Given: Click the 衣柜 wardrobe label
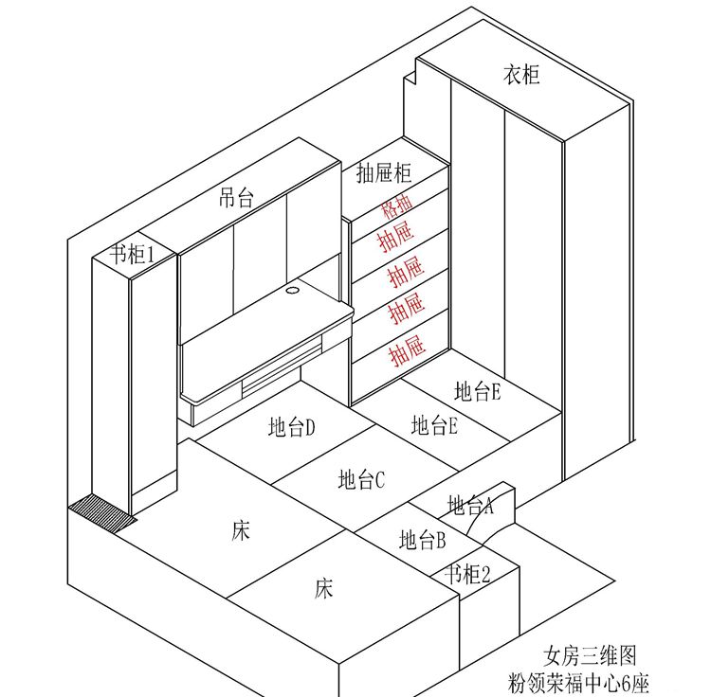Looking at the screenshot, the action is [521, 75].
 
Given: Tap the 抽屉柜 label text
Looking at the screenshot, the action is [384, 172].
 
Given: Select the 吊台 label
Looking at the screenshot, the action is [236, 198].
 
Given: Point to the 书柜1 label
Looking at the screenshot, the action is [132, 255].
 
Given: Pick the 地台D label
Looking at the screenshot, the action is [291, 426].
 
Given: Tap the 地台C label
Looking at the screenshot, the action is [361, 479].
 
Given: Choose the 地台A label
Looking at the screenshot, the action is [470, 505].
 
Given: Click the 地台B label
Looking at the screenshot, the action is [423, 540].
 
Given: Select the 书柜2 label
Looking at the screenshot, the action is [467, 575].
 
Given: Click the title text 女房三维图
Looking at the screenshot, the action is [590, 655].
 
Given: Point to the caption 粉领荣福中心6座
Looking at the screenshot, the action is [578, 683].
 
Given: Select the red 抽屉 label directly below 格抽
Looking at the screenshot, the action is [397, 238].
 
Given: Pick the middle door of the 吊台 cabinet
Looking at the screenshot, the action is [261, 259].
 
